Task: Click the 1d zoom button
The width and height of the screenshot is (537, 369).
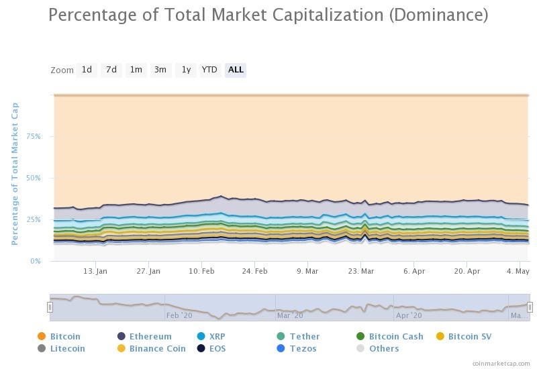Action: point(87,70)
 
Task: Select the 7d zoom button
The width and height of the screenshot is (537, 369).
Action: point(111,70)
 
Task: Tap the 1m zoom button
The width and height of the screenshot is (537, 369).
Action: point(136,70)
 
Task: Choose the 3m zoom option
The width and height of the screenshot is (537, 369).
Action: point(160,70)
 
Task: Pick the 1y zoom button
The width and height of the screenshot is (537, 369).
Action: point(186,70)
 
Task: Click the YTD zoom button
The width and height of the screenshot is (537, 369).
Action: point(209,70)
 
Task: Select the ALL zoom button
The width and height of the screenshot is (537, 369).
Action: point(236,70)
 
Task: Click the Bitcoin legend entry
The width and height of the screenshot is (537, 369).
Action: point(64,336)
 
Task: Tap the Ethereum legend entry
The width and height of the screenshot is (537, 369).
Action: point(150,336)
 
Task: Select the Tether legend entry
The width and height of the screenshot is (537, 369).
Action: point(304,336)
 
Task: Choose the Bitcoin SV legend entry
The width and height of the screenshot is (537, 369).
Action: point(469,336)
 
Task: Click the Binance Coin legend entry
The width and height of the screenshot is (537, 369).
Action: point(157,348)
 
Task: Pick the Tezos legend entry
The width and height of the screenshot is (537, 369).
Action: point(303,348)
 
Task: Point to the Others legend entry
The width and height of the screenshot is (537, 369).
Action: point(383,348)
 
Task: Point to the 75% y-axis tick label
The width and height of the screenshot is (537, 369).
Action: point(34,136)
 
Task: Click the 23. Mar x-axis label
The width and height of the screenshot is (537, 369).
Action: point(360,271)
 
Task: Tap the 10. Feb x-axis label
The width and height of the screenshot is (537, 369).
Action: point(201,271)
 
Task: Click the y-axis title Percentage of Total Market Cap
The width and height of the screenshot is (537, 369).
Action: point(15,174)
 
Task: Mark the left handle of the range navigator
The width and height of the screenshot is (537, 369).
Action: point(50,307)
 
